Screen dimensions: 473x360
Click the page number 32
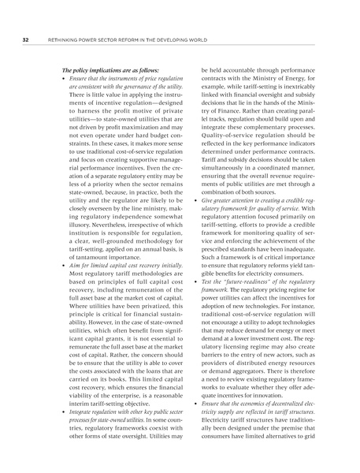pos(26,38)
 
